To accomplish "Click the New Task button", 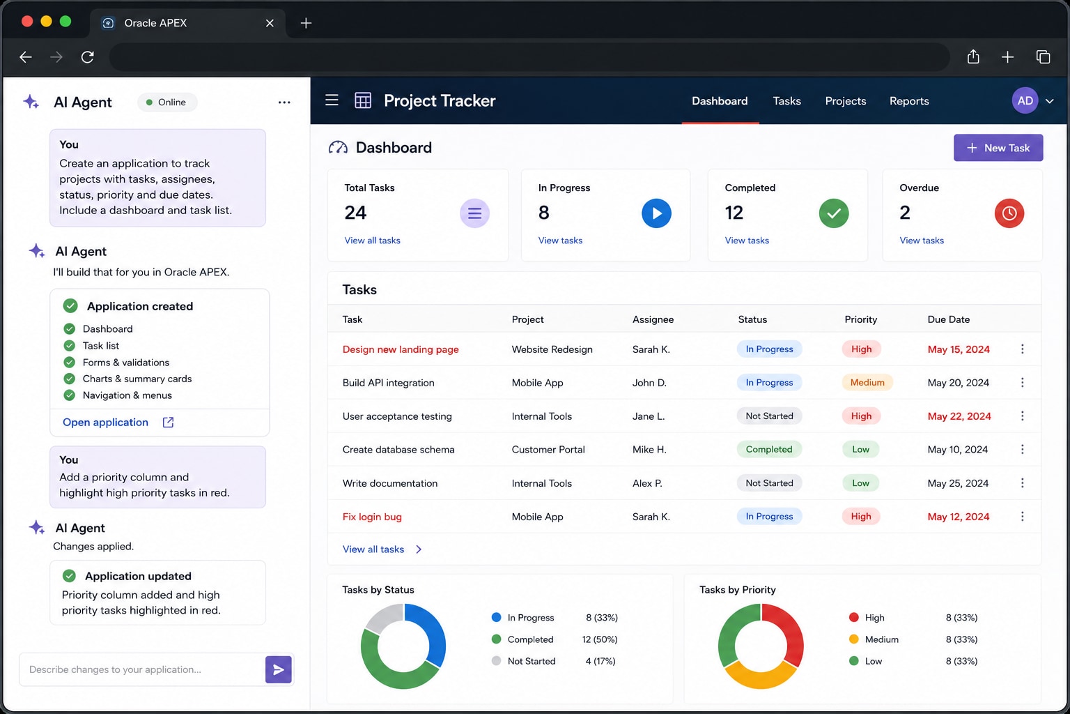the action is [998, 148].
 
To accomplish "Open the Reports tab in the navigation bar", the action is [909, 101].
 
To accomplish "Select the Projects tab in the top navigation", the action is [846, 101].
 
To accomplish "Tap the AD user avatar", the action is [1025, 100].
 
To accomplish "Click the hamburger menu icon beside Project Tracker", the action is [332, 100].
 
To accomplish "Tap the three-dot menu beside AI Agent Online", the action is [284, 102].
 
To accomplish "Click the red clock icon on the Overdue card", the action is [1009, 213].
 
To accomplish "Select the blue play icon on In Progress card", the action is [656, 213].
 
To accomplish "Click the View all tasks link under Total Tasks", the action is [372, 241].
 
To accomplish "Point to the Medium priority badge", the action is [867, 383].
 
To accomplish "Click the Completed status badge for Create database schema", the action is [768, 450].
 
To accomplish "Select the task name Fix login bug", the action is [371, 517].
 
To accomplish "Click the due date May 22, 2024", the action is [959, 416].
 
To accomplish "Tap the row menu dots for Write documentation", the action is [1022, 483].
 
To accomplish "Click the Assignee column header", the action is [653, 319].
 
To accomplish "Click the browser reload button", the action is [87, 57].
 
